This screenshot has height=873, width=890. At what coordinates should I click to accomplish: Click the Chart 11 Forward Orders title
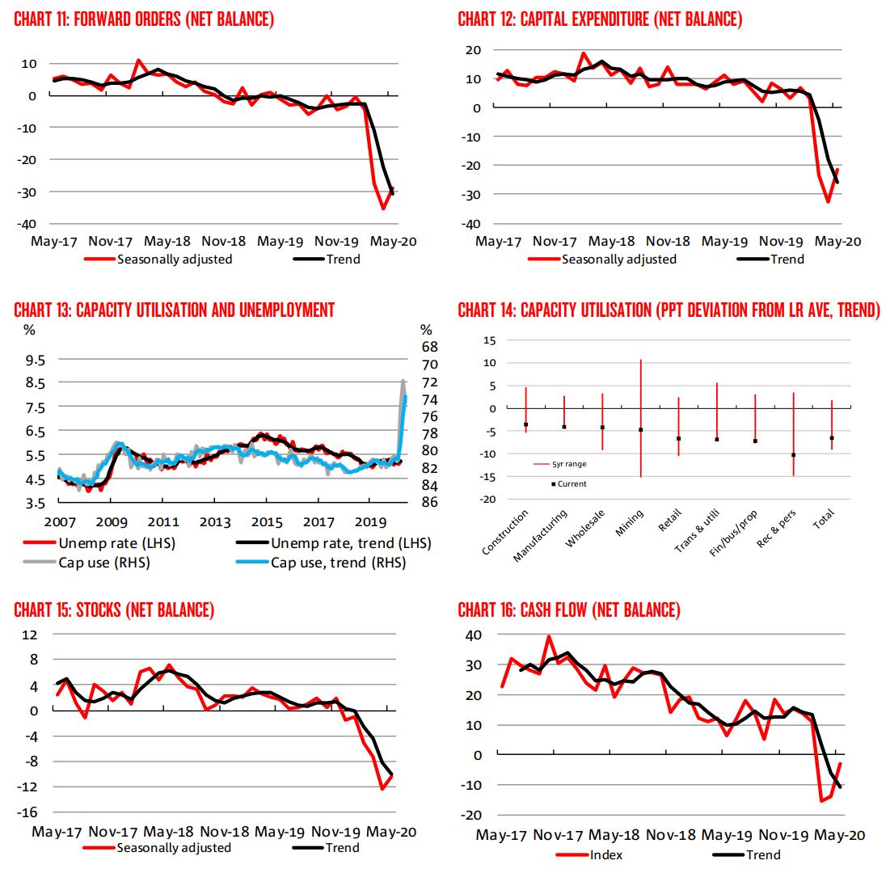pyautogui.click(x=144, y=20)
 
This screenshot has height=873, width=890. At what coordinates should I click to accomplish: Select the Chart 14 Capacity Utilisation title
pyautogui.click(x=669, y=310)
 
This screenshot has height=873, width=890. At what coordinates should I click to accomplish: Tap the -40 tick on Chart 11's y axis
pyautogui.click(x=28, y=223)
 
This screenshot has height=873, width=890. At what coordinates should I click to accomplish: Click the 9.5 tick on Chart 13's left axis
pyautogui.click(x=36, y=360)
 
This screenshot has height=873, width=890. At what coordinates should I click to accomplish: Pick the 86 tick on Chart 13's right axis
pyautogui.click(x=429, y=502)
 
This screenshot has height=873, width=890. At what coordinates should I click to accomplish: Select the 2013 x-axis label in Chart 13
pyautogui.click(x=214, y=521)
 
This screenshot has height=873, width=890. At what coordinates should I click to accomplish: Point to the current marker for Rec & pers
pyautogui.click(x=793, y=455)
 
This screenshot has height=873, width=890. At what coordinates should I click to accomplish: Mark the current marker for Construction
pyautogui.click(x=526, y=424)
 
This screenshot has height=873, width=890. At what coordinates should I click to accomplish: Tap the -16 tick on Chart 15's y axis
pyautogui.click(x=28, y=812)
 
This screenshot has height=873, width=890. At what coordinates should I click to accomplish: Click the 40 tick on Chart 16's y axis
pyautogui.click(x=472, y=635)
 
